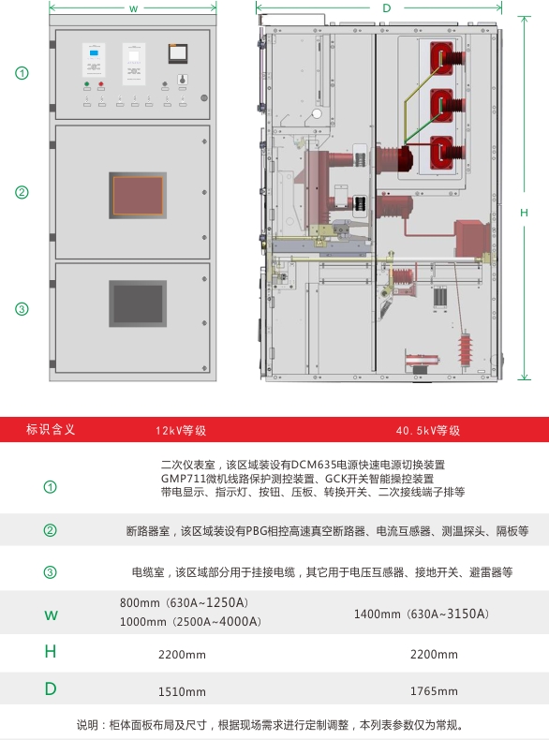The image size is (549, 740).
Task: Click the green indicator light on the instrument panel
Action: (87, 84)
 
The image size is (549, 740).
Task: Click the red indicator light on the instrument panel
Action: (101, 84)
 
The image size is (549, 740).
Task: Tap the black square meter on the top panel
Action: (178, 53)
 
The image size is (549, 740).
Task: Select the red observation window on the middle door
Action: (138, 196)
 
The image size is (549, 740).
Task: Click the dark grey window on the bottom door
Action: (138, 303)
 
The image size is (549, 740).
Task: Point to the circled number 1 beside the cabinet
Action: (22, 73)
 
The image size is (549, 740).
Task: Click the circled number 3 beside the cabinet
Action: (22, 309)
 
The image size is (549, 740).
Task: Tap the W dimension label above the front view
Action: (134, 8)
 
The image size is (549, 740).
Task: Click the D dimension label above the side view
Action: (387, 8)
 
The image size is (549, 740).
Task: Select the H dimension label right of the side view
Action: (524, 213)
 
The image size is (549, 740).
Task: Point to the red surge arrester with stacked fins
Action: (465, 349)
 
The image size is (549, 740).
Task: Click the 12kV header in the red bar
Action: (181, 430)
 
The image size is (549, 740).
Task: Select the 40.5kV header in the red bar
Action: (428, 430)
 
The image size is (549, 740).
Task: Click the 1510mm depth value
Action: (182, 692)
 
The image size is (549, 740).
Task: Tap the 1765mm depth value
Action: (434, 691)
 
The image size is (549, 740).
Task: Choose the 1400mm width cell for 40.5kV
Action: (422, 614)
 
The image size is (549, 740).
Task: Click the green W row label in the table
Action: (51, 614)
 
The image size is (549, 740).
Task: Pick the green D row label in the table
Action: (51, 689)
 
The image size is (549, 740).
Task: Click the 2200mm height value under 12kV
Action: (182, 655)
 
